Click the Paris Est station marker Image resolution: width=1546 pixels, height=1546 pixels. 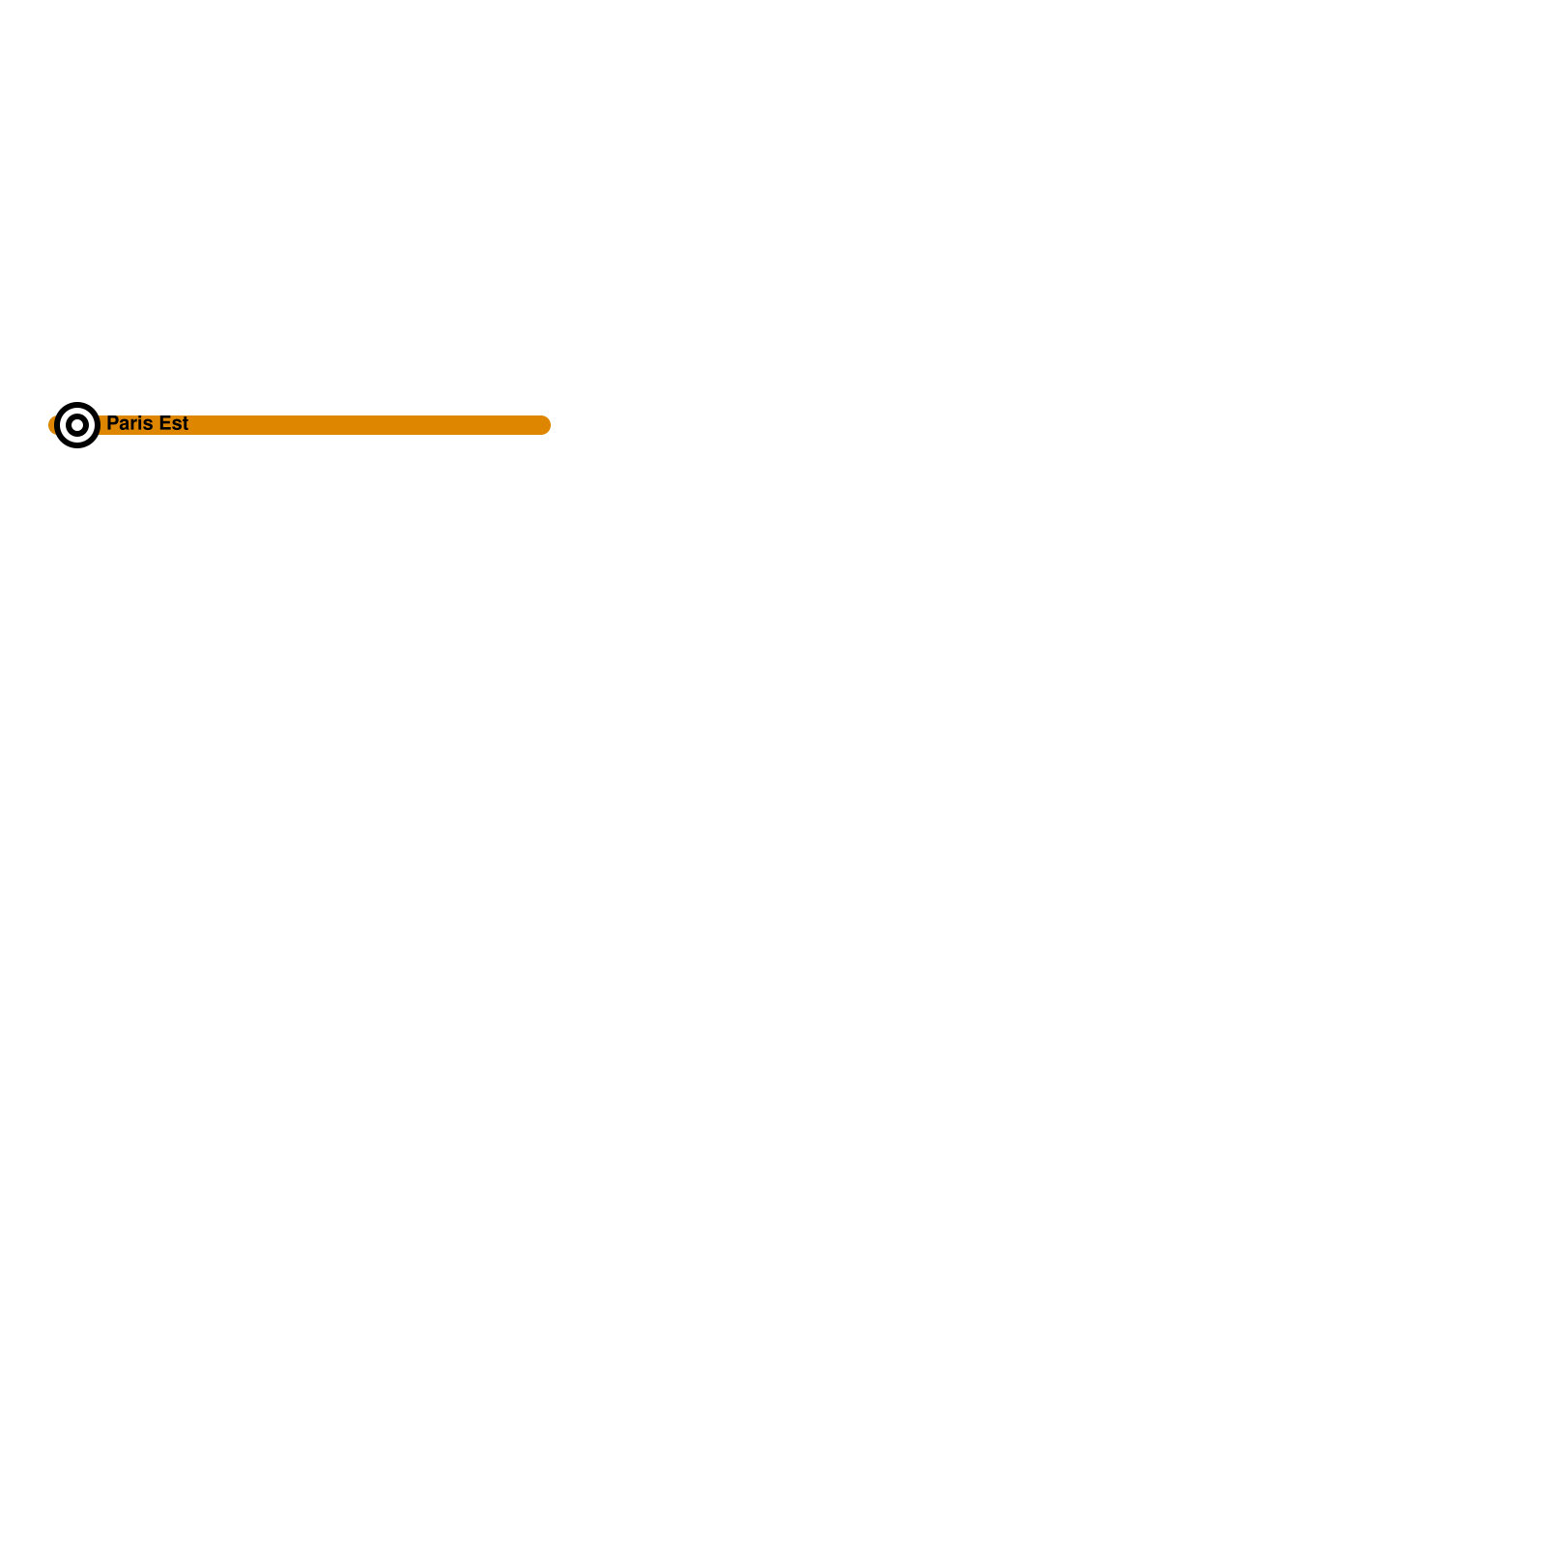tap(77, 425)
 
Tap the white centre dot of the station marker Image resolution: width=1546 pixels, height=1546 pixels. tap(77, 425)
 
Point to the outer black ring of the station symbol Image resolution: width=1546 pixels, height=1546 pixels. tap(77, 405)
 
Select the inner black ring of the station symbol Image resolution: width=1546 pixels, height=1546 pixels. tap(77, 416)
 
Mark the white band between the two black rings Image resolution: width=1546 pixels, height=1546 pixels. tap(77, 411)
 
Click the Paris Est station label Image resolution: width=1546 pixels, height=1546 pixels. tap(147, 423)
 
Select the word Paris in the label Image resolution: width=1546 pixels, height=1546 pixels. tap(129, 423)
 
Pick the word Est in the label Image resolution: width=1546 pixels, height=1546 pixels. tap(174, 423)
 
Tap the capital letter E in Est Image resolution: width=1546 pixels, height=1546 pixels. tap(165, 423)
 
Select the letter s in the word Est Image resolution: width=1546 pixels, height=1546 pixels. tap(176, 425)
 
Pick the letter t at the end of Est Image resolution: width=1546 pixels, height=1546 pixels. tap(185, 424)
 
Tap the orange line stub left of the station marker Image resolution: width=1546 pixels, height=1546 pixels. tap(51, 425)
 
